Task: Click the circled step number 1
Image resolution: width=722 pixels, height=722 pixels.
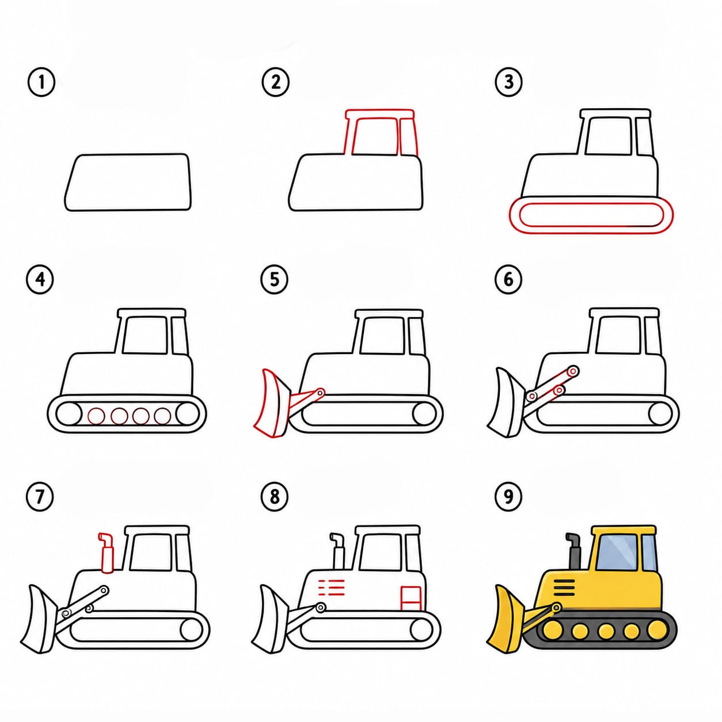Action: coord(41,82)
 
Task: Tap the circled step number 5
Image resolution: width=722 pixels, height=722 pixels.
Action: coord(275,279)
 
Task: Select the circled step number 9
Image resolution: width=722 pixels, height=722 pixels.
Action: coord(508,497)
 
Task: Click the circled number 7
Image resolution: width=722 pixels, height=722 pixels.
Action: coord(40,497)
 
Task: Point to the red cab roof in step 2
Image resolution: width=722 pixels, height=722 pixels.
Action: coord(379,113)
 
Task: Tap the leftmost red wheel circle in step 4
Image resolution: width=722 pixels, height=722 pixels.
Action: coord(96,416)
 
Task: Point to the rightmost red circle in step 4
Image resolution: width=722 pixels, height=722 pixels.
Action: coord(162,416)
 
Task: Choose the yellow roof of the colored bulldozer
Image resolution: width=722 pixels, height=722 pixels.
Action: coord(624,530)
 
